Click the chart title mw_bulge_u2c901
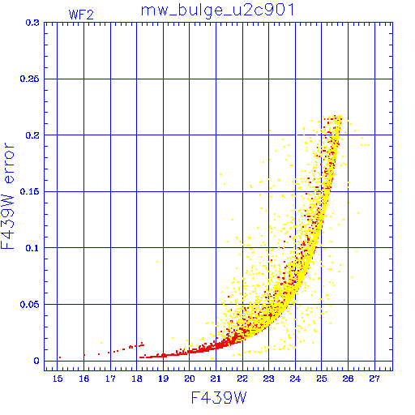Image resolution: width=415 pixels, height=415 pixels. click(x=217, y=11)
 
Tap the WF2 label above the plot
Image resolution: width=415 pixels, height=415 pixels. click(x=81, y=15)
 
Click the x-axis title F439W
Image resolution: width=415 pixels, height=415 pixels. click(x=219, y=398)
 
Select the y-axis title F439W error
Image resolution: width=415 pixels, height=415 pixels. click(x=7, y=196)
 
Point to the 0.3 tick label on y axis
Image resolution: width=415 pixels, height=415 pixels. click(x=32, y=23)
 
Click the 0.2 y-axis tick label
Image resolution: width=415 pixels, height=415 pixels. click(x=32, y=135)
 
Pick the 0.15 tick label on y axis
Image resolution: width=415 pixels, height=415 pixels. click(x=30, y=191)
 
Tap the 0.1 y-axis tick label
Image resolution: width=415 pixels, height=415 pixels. click(x=32, y=248)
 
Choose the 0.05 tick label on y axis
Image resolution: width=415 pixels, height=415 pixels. click(x=30, y=305)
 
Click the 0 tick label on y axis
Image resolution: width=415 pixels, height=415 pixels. click(x=36, y=361)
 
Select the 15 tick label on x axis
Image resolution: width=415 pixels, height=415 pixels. click(x=58, y=379)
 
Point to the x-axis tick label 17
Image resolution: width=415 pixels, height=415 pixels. click(x=110, y=379)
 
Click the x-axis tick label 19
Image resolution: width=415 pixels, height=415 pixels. click(x=163, y=379)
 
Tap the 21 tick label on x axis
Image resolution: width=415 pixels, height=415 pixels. click(x=216, y=379)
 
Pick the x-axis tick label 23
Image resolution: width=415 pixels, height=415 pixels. click(x=269, y=379)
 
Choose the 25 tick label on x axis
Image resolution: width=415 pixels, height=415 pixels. click(x=322, y=379)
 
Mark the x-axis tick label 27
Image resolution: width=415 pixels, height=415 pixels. click(x=374, y=379)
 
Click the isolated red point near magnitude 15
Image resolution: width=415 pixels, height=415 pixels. click(x=60, y=357)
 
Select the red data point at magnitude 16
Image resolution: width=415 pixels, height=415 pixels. click(x=84, y=355)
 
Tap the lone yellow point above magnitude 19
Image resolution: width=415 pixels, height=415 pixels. click(x=157, y=262)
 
